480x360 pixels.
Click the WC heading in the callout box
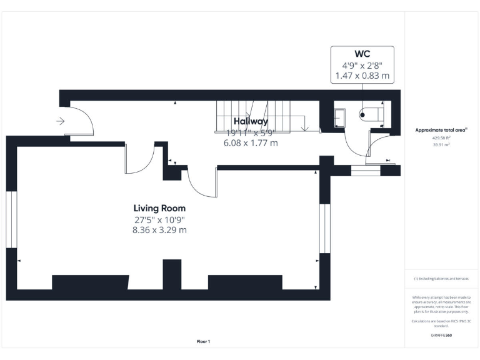click(x=362, y=54)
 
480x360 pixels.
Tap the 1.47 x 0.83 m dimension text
click(x=362, y=76)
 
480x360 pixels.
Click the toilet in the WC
click(x=369, y=114)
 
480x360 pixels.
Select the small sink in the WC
click(x=340, y=117)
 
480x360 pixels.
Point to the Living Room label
click(x=159, y=208)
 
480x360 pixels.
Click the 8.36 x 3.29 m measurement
click(x=159, y=230)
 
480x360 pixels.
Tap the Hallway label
click(x=251, y=121)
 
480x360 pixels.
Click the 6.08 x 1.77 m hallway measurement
click(x=251, y=143)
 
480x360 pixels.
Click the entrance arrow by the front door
click(x=61, y=121)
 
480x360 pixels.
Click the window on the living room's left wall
click(x=11, y=219)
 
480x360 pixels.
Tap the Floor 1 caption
click(x=204, y=341)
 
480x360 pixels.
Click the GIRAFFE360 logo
click(x=441, y=336)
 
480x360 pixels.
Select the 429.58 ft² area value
click(x=441, y=138)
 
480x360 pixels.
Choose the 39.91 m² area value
click(x=441, y=144)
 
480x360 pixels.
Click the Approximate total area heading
click(x=441, y=130)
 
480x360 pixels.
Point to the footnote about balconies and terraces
click(x=441, y=279)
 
